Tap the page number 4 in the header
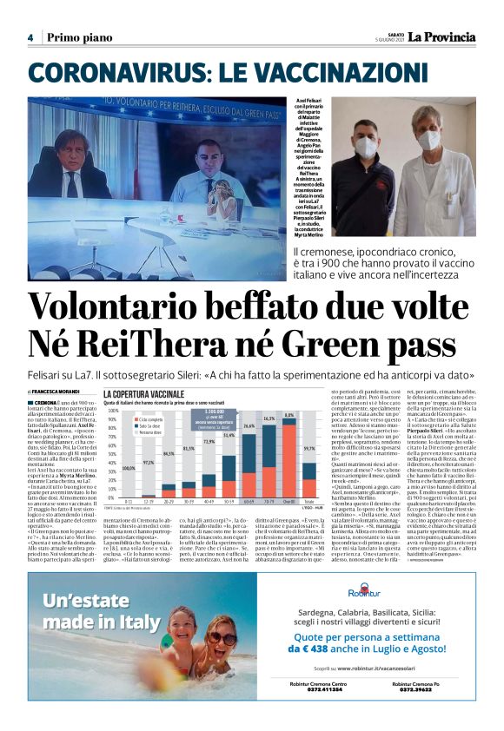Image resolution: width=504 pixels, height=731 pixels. (30, 37)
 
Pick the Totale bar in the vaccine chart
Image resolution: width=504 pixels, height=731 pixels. (308, 472)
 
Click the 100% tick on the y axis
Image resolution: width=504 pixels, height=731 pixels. (110, 411)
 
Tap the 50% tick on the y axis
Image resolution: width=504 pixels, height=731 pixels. (110, 455)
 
